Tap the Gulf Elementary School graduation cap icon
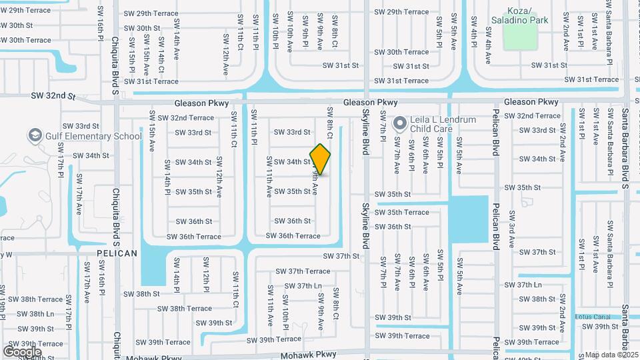coord(35,137)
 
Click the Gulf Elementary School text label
coord(93,137)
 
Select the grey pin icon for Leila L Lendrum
coord(400,123)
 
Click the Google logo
coord(22,351)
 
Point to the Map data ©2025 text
coord(612,355)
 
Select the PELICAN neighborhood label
coord(117,253)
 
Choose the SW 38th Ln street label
coord(36,314)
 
